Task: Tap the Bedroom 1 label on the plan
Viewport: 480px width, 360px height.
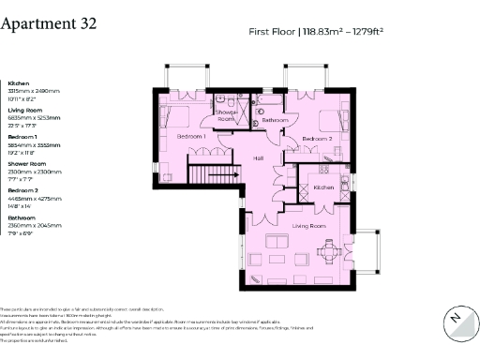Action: coord(192,137)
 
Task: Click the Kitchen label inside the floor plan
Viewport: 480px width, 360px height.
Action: coord(323,187)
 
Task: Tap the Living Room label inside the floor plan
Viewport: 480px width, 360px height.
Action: coord(308,227)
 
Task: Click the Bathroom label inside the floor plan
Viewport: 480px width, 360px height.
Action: coord(275,120)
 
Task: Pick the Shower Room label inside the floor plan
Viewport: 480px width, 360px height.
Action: coord(226,115)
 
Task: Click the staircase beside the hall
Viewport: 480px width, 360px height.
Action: coord(202,174)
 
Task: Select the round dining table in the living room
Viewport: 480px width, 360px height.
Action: coord(329,250)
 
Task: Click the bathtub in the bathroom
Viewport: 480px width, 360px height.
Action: coord(273,99)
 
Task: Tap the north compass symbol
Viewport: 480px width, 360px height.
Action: coord(456,319)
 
